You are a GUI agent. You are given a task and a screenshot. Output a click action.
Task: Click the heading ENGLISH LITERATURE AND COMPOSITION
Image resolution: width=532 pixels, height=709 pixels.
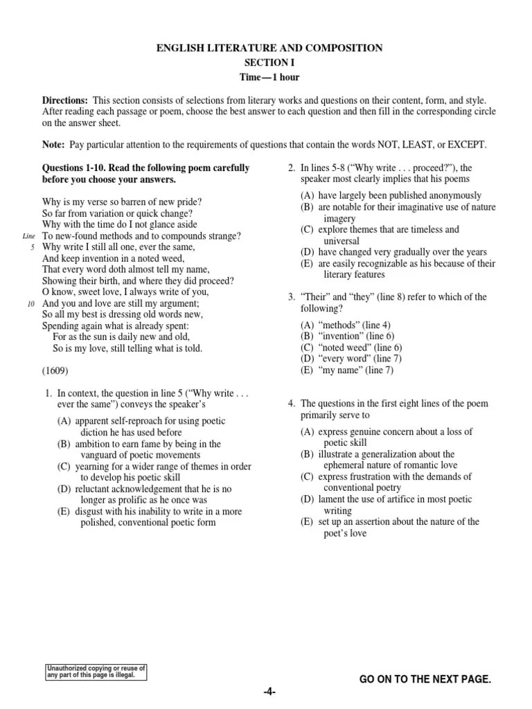269,48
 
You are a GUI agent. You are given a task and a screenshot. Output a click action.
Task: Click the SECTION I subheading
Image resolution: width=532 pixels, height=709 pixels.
269,62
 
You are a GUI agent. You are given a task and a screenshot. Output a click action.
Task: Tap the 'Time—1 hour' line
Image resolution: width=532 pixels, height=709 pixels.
269,77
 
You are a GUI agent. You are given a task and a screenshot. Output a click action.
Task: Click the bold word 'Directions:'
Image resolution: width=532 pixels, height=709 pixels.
65,100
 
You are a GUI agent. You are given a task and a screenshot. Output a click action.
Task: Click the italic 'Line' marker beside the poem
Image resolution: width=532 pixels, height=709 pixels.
28,236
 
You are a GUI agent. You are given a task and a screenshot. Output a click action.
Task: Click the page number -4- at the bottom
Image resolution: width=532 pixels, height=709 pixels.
269,692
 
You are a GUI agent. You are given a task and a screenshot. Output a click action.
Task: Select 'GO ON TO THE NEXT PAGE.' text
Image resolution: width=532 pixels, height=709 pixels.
425,681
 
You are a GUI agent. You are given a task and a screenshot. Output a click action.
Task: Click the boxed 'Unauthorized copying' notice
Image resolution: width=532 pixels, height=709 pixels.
96,672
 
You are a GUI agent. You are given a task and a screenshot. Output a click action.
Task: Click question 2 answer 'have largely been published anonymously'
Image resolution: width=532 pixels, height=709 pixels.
391,195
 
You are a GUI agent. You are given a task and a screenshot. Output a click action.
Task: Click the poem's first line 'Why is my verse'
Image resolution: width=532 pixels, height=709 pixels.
122,202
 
